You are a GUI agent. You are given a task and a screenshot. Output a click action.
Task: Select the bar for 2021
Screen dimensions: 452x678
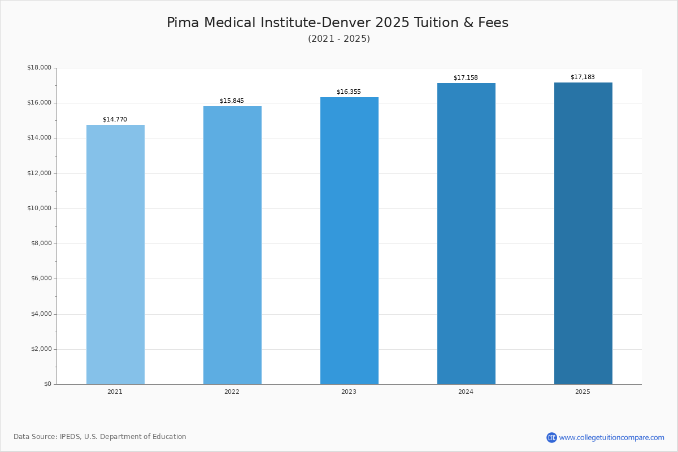coord(115,254)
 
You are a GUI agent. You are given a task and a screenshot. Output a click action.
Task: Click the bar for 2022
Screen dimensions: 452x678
coord(232,245)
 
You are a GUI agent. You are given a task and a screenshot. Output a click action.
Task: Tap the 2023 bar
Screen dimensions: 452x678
coord(349,241)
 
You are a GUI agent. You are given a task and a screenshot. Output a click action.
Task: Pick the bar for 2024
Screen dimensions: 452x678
coord(466,233)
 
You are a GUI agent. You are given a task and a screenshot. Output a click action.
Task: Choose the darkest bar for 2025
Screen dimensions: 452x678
coord(583,233)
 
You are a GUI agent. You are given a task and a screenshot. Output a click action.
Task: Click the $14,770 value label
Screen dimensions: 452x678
coord(115,120)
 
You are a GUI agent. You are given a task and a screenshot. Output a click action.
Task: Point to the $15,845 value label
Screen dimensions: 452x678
coord(232,101)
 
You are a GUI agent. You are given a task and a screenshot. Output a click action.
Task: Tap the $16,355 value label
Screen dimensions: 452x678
coord(349,92)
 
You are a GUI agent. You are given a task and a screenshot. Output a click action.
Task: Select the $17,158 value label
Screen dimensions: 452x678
coord(466,78)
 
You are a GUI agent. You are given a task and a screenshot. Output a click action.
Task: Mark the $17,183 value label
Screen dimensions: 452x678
coord(583,77)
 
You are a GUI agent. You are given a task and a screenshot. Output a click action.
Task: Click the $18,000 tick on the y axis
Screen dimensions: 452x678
coord(39,68)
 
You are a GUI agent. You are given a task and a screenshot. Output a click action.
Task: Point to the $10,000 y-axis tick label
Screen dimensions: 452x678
coord(39,208)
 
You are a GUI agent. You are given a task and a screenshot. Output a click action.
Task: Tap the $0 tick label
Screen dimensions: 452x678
coord(47,384)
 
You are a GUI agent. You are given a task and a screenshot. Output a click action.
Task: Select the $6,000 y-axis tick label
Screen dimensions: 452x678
coord(41,279)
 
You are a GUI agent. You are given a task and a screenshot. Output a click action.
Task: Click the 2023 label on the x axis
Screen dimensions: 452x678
coord(349,392)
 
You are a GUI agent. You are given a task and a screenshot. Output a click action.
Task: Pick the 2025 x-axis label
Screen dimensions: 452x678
coord(583,392)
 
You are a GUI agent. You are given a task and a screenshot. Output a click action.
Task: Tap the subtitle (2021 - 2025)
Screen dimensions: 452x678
coord(339,39)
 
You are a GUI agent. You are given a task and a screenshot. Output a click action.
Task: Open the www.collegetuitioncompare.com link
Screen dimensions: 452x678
coord(611,437)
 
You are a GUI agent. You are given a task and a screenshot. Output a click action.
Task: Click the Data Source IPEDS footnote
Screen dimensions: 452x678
coord(100,437)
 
